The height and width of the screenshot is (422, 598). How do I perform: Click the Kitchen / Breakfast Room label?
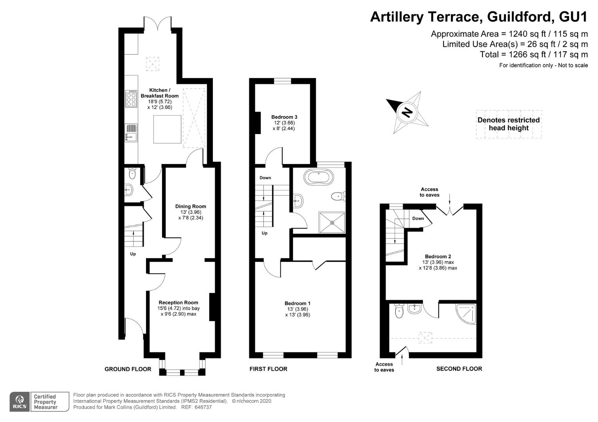pyautogui.click(x=160, y=93)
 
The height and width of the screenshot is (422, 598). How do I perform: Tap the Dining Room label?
pyautogui.click(x=191, y=206)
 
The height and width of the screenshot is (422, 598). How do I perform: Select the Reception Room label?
pyautogui.click(x=178, y=302)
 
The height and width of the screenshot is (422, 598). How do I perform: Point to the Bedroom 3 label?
pyautogui.click(x=284, y=117)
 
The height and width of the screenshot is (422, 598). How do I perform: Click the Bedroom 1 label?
pyautogui.click(x=297, y=303)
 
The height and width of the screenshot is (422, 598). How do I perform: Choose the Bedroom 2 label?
pyautogui.click(x=438, y=256)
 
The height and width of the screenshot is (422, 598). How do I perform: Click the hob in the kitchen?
pyautogui.click(x=131, y=98)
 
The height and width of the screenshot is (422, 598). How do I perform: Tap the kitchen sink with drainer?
pyautogui.click(x=131, y=133)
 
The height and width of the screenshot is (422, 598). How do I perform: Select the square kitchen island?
pyautogui.click(x=167, y=129)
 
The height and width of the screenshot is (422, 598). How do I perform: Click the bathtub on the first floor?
pyautogui.click(x=319, y=177)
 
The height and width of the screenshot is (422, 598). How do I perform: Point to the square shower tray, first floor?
pyautogui.click(x=332, y=222)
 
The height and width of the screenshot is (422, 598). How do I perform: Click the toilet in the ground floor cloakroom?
pyautogui.click(x=132, y=173)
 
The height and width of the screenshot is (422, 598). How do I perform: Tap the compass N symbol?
pyautogui.click(x=407, y=112)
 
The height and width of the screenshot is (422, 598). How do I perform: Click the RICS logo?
pyautogui.click(x=20, y=402)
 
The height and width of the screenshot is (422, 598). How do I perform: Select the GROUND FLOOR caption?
pyautogui.click(x=128, y=369)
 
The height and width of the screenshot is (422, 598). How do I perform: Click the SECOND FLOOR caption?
pyautogui.click(x=459, y=369)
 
